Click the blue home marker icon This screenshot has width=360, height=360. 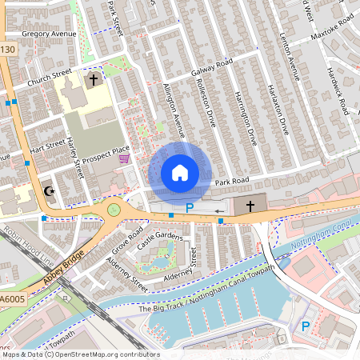click(180, 173)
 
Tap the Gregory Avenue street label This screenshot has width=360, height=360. click(49, 34)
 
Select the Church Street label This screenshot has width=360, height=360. click(50, 77)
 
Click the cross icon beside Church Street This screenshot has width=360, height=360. click(93, 80)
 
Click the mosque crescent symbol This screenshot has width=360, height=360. click(49, 192)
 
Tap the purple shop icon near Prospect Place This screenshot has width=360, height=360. click(123, 159)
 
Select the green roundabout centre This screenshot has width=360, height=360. click(114, 210)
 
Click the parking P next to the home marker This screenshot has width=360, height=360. click(190, 208)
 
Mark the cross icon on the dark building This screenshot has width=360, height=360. click(250, 206)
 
